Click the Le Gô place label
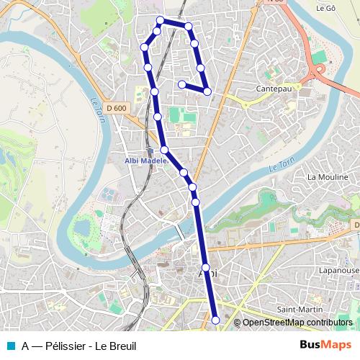[x=326, y=8]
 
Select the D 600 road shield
[x=115, y=108]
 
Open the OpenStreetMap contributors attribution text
[x=297, y=323]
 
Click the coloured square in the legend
[x=11, y=346]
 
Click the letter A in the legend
[x=25, y=346]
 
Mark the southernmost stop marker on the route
[x=215, y=320]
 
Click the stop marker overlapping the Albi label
[x=207, y=268]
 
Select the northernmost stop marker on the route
[x=161, y=21]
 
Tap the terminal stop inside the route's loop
[x=182, y=84]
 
